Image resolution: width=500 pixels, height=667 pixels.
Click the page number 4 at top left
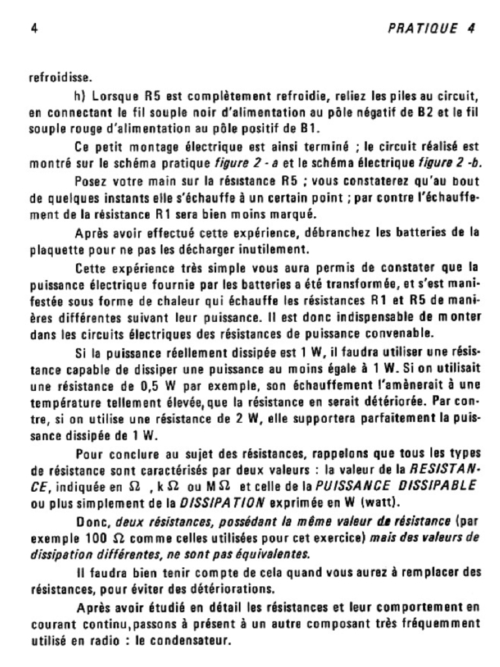33,28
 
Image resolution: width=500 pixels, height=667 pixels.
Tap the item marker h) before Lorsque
81,96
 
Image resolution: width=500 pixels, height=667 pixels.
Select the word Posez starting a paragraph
90,180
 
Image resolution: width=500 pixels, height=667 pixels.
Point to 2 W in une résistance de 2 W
249,419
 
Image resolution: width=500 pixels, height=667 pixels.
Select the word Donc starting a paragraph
92,521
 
